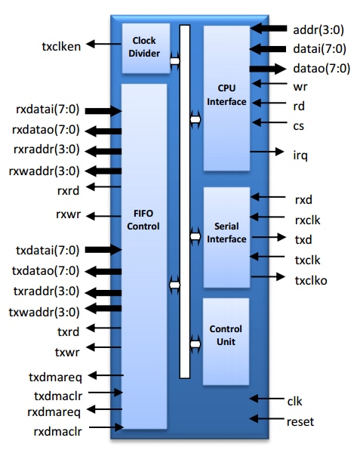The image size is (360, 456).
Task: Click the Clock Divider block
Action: (x=146, y=48)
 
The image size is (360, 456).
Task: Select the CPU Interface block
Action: (x=226, y=98)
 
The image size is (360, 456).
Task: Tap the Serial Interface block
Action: (x=226, y=237)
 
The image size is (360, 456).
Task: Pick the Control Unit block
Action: (x=226, y=341)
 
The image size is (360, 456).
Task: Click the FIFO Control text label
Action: (x=143, y=220)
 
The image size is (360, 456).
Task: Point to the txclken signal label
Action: (x=61, y=47)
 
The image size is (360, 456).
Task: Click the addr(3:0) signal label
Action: (x=318, y=29)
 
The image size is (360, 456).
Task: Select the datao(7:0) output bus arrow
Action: (x=267, y=69)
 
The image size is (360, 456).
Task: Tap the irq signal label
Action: (x=300, y=156)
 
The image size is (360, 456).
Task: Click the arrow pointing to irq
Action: (x=266, y=152)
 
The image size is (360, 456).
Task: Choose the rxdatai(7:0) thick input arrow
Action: (x=103, y=111)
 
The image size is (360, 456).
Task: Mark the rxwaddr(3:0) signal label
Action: (x=45, y=171)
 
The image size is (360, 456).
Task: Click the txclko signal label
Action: (x=311, y=281)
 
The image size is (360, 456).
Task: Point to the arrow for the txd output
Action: (x=269, y=237)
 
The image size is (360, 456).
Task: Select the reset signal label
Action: (x=300, y=422)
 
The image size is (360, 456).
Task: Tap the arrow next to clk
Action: (x=266, y=399)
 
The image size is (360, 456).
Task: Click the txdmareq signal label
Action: (x=56, y=377)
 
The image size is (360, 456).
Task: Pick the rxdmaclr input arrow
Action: (x=106, y=427)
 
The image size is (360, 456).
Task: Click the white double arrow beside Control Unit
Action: (x=195, y=344)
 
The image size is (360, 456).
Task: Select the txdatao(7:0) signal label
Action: (x=45, y=271)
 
